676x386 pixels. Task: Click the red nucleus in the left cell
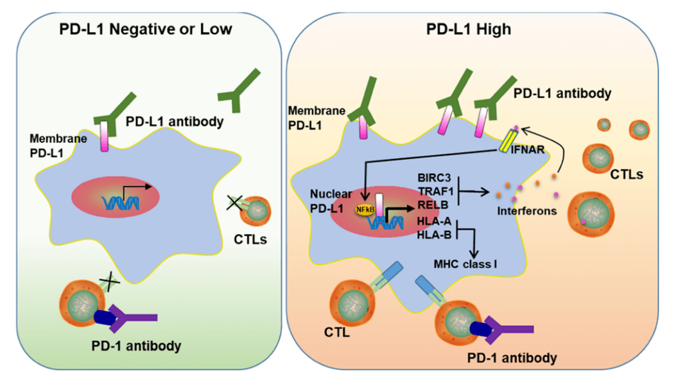point(121,197)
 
